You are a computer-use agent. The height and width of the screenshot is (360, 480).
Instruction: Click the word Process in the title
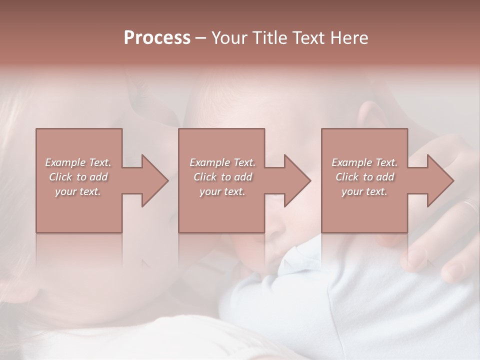(157, 37)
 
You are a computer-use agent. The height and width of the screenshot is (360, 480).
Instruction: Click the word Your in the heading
(228, 37)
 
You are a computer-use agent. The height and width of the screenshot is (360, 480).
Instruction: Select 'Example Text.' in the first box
(78, 162)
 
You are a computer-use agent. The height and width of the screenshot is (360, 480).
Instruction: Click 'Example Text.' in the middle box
(222, 162)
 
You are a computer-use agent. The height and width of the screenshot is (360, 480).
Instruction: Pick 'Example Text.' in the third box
(364, 162)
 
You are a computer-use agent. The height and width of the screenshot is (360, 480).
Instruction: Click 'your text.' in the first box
(78, 191)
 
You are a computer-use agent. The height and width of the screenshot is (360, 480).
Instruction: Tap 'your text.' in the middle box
(222, 191)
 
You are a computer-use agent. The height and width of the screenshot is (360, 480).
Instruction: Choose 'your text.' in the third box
(364, 191)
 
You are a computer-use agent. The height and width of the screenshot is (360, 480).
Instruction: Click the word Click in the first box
(61, 177)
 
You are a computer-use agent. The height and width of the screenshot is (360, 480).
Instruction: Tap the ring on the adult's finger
(470, 205)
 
